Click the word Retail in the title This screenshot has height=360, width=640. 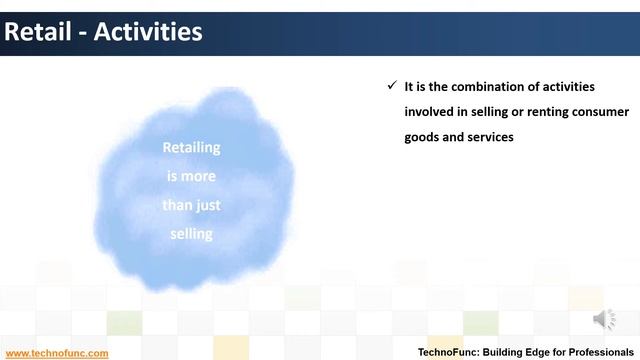pyautogui.click(x=37, y=32)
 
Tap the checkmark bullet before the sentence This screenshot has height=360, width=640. pyautogui.click(x=392, y=86)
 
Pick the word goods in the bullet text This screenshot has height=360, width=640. pyautogui.click(x=422, y=137)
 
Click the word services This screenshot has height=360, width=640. pyautogui.click(x=489, y=137)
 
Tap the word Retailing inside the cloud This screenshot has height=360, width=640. pyautogui.click(x=191, y=148)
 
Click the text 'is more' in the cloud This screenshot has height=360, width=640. pyautogui.click(x=191, y=176)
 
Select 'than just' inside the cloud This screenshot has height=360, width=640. pyautogui.click(x=191, y=205)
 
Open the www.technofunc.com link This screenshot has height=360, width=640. pyautogui.click(x=56, y=353)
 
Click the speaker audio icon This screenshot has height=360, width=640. pyautogui.click(x=605, y=320)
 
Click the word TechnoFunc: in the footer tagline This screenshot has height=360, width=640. pyautogui.click(x=450, y=353)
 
